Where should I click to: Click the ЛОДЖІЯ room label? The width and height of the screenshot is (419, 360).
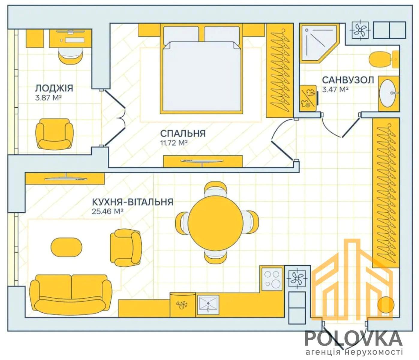tap(54, 88)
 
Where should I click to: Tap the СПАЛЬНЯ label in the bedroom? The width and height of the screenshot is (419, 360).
tap(183, 134)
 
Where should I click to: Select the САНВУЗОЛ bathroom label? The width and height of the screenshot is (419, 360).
tap(348, 80)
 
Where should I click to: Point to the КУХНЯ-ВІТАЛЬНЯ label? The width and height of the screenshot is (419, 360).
tap(133, 202)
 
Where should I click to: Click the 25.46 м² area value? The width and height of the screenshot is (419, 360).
tap(108, 211)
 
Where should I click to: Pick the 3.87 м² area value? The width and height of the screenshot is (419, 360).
tap(48, 98)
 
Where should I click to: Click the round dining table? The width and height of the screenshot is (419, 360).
tap(216, 222)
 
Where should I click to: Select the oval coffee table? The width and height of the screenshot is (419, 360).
tap(66, 247)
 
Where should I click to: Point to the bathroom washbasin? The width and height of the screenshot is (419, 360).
tap(388, 93)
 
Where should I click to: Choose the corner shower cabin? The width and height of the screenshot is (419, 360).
tap(319, 43)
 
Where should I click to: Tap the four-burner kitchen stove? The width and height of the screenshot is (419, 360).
tap(272, 279)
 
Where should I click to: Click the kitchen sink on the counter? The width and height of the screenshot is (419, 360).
tap(208, 305)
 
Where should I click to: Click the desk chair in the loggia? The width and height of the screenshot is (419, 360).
tap(70, 56)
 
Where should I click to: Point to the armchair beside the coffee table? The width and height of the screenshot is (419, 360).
tap(126, 247)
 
